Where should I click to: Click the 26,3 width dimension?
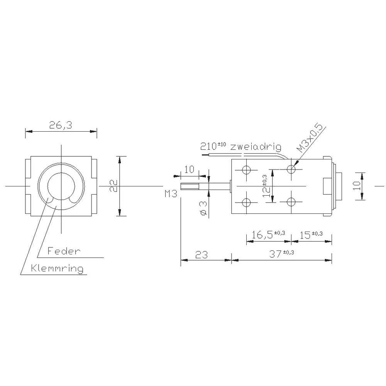[x=61, y=125]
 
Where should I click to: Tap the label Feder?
[x=64, y=251]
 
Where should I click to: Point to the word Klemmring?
[x=58, y=268]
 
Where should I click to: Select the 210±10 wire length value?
[x=213, y=146]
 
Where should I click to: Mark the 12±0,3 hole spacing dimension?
[x=266, y=186]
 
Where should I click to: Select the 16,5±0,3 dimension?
[x=268, y=234]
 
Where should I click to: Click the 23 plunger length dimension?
[x=201, y=254]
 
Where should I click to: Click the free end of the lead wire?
[x=203, y=155]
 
